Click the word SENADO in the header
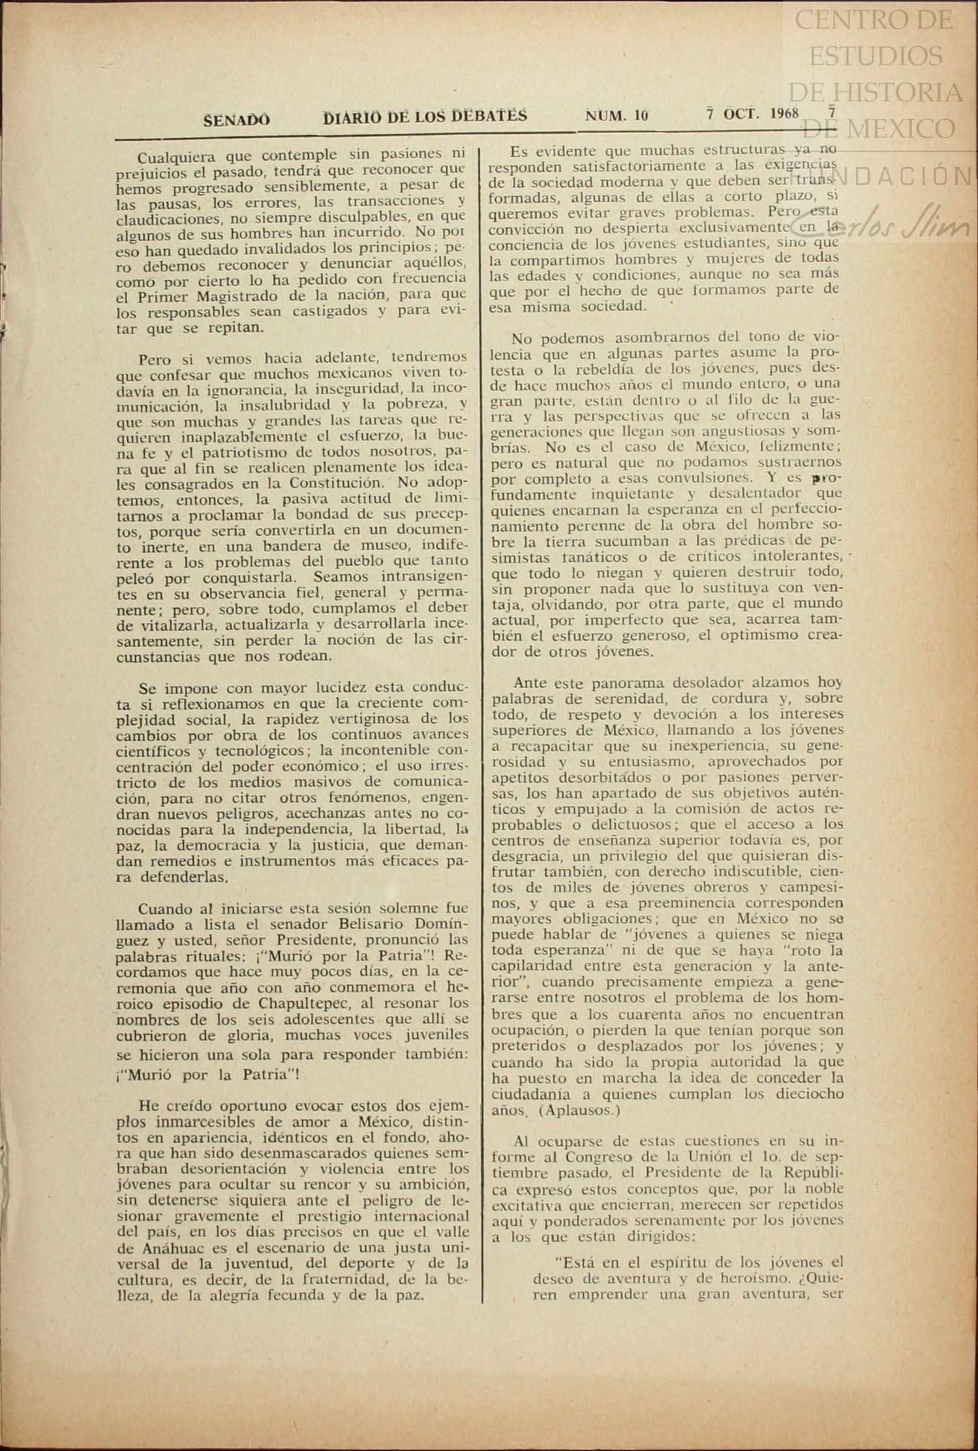pyautogui.click(x=236, y=120)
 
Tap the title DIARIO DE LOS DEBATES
pyautogui.click(x=425, y=117)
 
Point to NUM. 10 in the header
pyautogui.click(x=617, y=115)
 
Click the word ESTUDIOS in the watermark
pyautogui.click(x=876, y=56)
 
